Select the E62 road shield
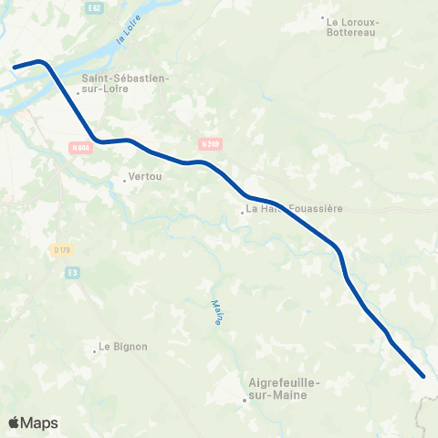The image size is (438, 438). [x=93, y=6]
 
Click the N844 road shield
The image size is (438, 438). [x=80, y=147]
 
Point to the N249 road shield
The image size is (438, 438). [x=211, y=143]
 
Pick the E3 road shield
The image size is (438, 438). [x=73, y=271]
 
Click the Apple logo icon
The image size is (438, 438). [x=16, y=422]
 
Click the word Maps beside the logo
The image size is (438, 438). [x=39, y=423]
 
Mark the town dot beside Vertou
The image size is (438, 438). [x=125, y=180]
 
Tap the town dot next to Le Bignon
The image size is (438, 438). [x=95, y=349]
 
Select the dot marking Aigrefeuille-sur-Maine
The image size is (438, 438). [x=245, y=400]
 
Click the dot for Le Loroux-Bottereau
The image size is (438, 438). [x=322, y=17]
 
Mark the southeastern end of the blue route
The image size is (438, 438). [x=423, y=375]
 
